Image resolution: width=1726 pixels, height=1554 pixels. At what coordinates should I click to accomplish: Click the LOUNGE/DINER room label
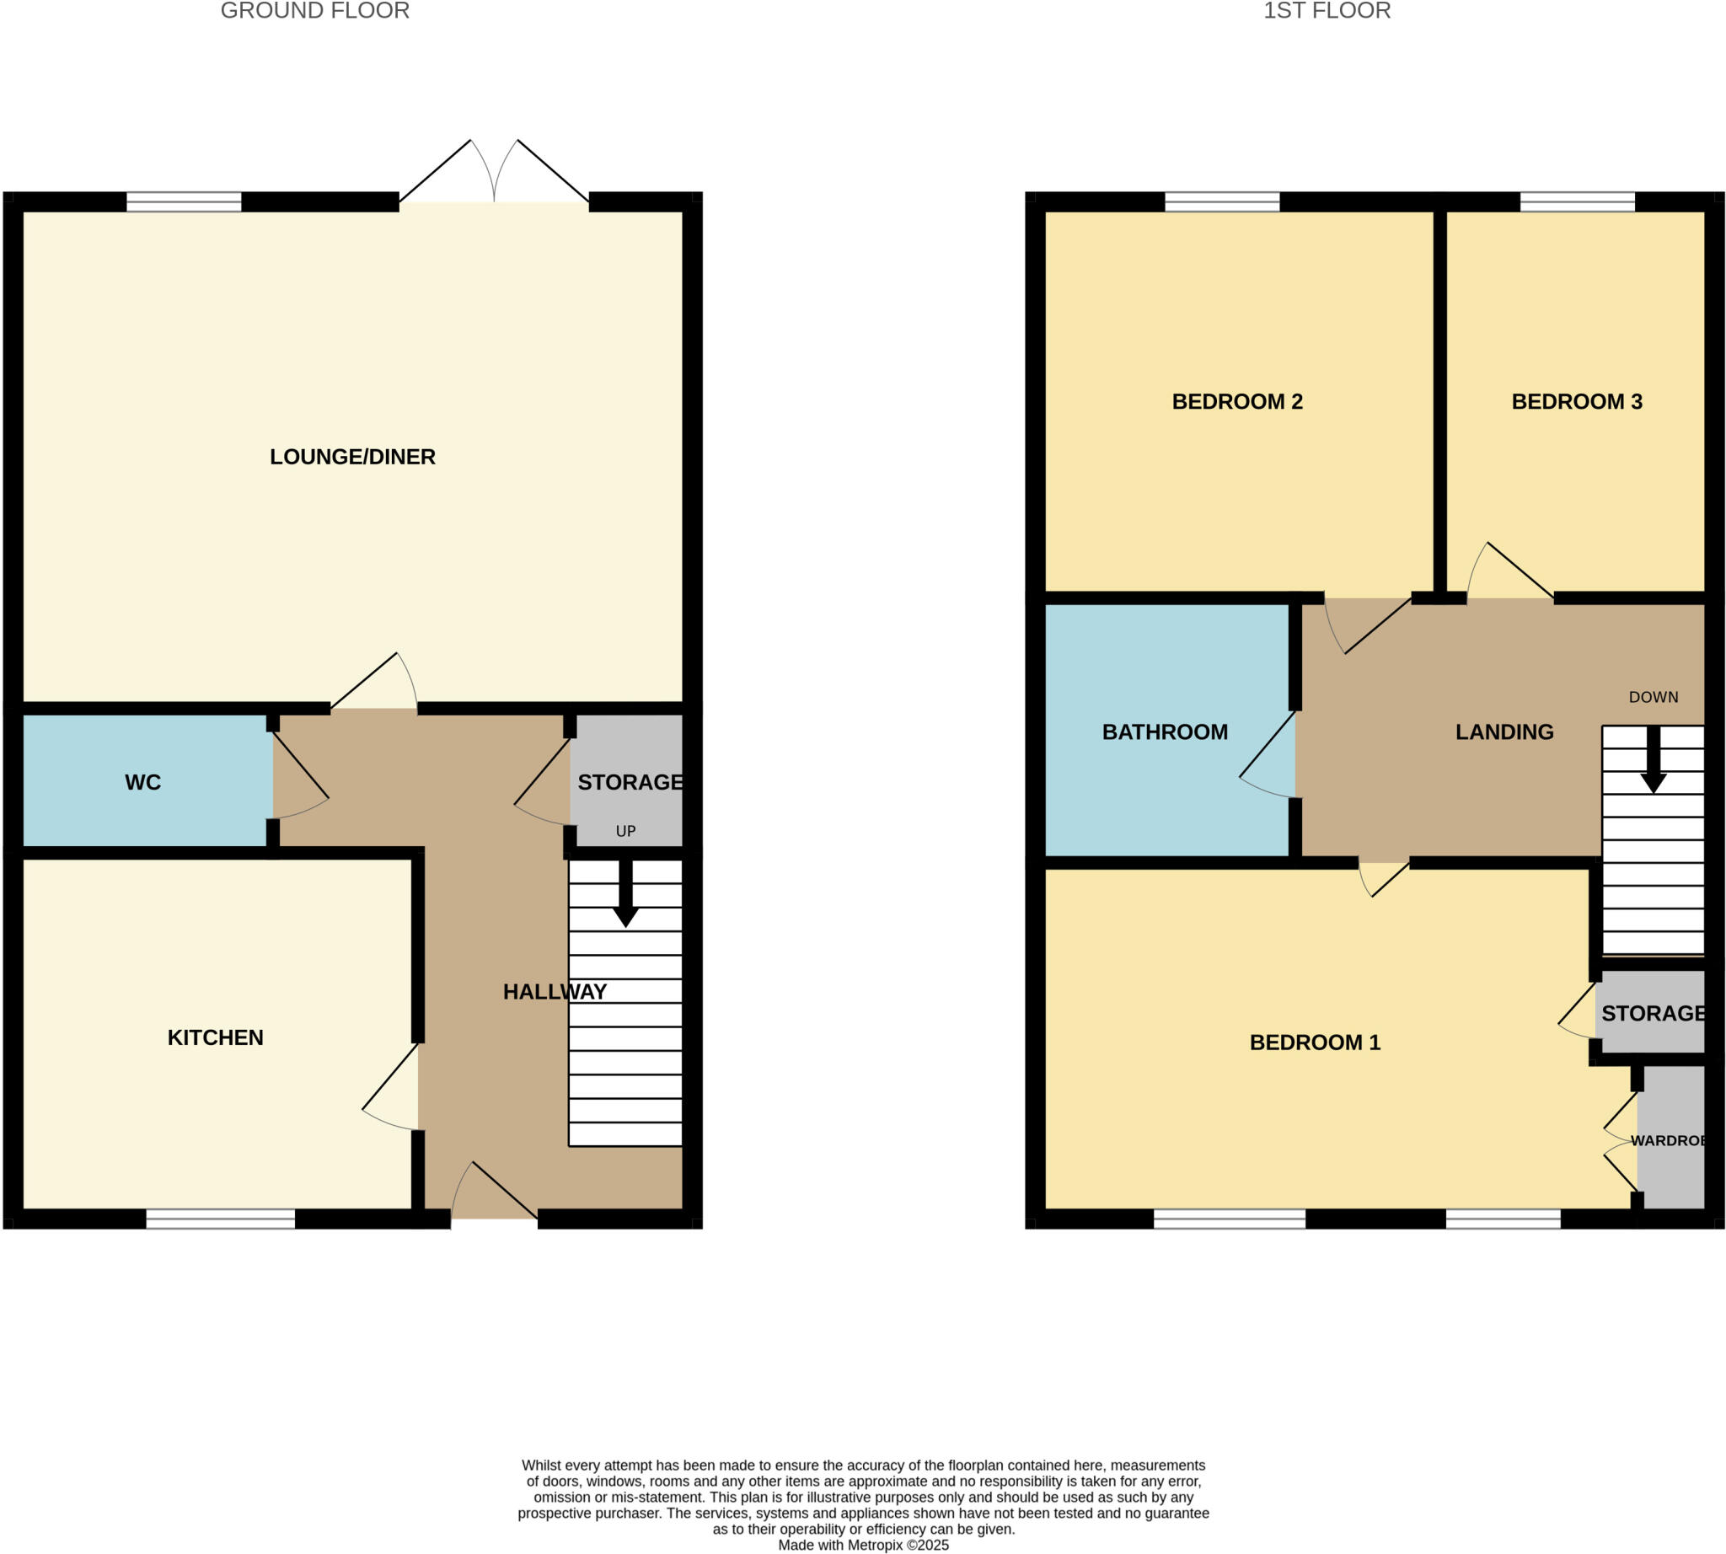[x=352, y=457]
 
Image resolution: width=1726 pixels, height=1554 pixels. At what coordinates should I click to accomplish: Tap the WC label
[x=142, y=782]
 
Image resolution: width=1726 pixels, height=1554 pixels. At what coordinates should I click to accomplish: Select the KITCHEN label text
[x=215, y=1037]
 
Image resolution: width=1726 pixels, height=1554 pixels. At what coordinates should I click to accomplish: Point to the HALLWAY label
[x=555, y=991]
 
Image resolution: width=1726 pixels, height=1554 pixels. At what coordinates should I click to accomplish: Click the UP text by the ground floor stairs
[x=625, y=831]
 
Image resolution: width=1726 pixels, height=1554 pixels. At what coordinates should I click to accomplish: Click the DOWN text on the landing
[x=1653, y=697]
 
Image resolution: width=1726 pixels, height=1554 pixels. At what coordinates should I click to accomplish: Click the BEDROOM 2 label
[x=1236, y=401]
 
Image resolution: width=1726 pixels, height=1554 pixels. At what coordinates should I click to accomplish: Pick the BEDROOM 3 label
[x=1576, y=401]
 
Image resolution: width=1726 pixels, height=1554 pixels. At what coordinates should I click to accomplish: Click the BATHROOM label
[x=1164, y=731]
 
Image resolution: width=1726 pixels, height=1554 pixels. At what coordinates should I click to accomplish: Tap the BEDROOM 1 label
[x=1315, y=1042]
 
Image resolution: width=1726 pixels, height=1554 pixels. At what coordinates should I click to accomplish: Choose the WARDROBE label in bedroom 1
[x=1666, y=1140]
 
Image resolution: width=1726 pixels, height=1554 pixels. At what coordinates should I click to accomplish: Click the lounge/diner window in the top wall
[x=184, y=202]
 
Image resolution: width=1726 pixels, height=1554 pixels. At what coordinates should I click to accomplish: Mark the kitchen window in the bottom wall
[x=220, y=1219]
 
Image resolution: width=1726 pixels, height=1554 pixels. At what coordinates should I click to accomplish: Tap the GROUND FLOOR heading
[x=314, y=11]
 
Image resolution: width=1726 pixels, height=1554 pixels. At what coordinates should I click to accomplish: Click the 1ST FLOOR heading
[x=1327, y=11]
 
